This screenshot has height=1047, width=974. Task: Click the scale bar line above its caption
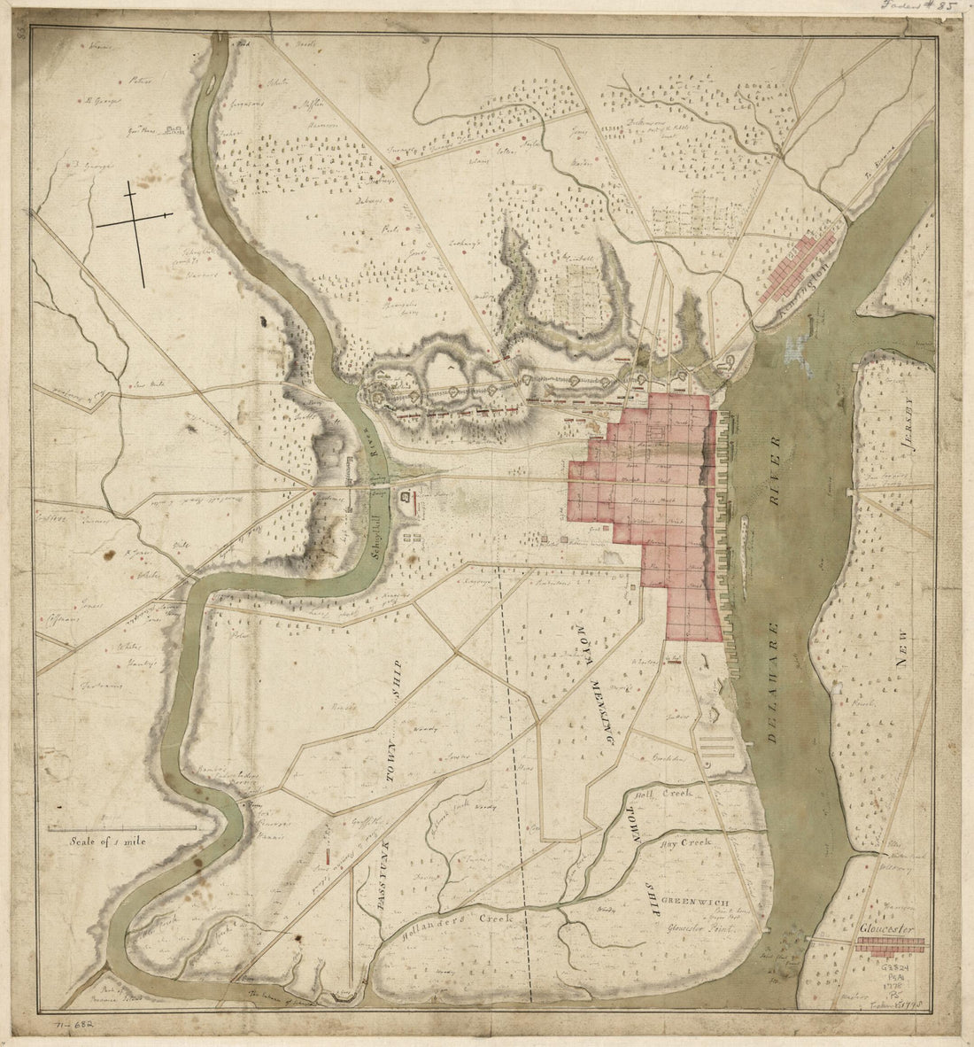[x=121, y=828]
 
